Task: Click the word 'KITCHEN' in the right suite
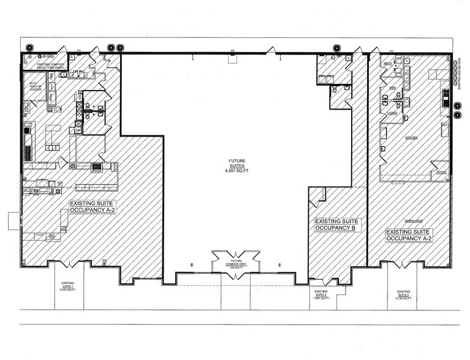[411, 138]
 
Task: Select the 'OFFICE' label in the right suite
[440, 173]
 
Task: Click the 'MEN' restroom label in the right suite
[392, 88]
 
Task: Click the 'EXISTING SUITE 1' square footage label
[68, 286]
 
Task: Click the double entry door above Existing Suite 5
[403, 264]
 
